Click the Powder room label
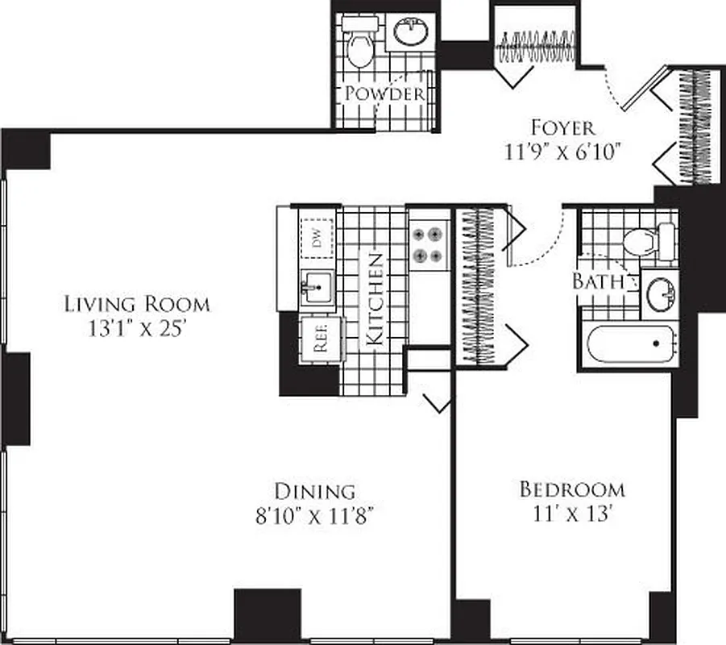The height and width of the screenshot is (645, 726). tap(384, 94)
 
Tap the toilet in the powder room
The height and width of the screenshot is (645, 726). tap(359, 47)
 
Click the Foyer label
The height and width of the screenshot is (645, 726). tap(562, 127)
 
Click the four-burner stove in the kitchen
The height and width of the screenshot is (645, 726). tap(428, 245)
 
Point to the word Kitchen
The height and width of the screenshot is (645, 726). tap(375, 299)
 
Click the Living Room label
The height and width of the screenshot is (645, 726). tap(137, 304)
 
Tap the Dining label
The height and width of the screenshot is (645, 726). tap(314, 490)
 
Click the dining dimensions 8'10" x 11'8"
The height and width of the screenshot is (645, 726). tap(314, 515)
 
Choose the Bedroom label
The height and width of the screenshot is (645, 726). tap(572, 489)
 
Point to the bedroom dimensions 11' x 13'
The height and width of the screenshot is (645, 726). tap(572, 514)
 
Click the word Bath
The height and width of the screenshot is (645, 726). tap(599, 281)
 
